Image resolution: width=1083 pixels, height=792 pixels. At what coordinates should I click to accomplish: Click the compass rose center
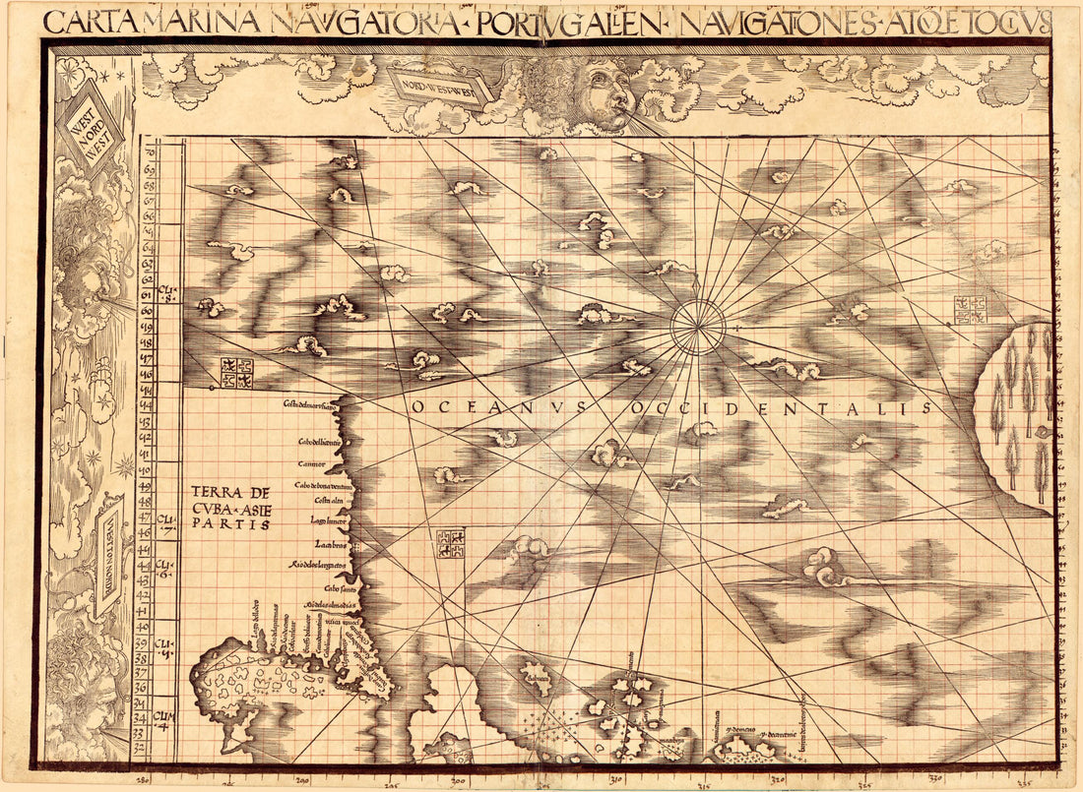point(698,326)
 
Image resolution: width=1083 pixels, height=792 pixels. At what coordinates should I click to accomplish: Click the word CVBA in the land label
point(214,508)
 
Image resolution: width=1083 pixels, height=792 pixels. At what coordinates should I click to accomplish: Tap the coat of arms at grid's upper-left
point(235,372)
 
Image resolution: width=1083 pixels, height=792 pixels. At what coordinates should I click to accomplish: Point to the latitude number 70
point(150,152)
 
